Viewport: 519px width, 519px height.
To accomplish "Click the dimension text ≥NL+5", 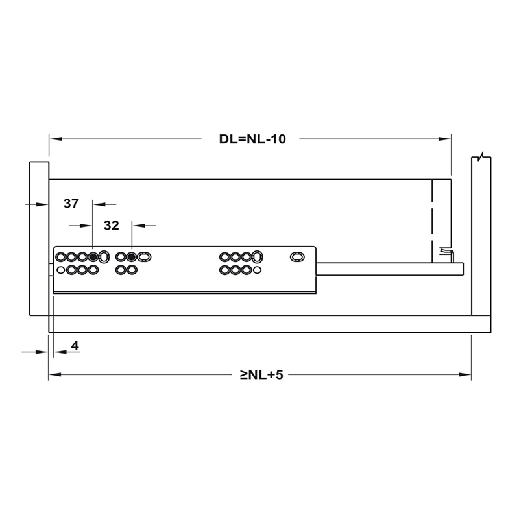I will tap(262, 375).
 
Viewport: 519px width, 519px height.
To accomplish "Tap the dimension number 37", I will tap(71, 204).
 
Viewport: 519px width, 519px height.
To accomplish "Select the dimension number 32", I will tap(111, 226).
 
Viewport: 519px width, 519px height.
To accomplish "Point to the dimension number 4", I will tap(75, 346).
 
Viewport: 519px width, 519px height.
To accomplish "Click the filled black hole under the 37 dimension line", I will tap(93, 258).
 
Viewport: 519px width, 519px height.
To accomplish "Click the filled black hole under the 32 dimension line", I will tap(132, 258).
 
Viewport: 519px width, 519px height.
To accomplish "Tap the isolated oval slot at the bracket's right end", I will tap(296, 258).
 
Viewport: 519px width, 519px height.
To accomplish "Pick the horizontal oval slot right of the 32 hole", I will tap(144, 258).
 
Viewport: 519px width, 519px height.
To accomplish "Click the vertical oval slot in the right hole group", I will tap(258, 257).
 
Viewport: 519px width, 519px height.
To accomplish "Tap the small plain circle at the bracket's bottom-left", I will tap(61, 269).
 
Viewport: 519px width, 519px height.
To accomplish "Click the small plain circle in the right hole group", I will tap(258, 269).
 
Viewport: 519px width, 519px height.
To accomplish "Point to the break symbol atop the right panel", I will tap(479, 158).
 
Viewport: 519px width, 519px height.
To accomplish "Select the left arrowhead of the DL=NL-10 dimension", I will tap(54, 139).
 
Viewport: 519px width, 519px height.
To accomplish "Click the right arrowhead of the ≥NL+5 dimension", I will tap(466, 375).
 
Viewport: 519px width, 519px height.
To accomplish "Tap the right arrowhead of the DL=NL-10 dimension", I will tap(446, 139).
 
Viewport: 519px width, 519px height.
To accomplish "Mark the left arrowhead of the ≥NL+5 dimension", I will tap(54, 375).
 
